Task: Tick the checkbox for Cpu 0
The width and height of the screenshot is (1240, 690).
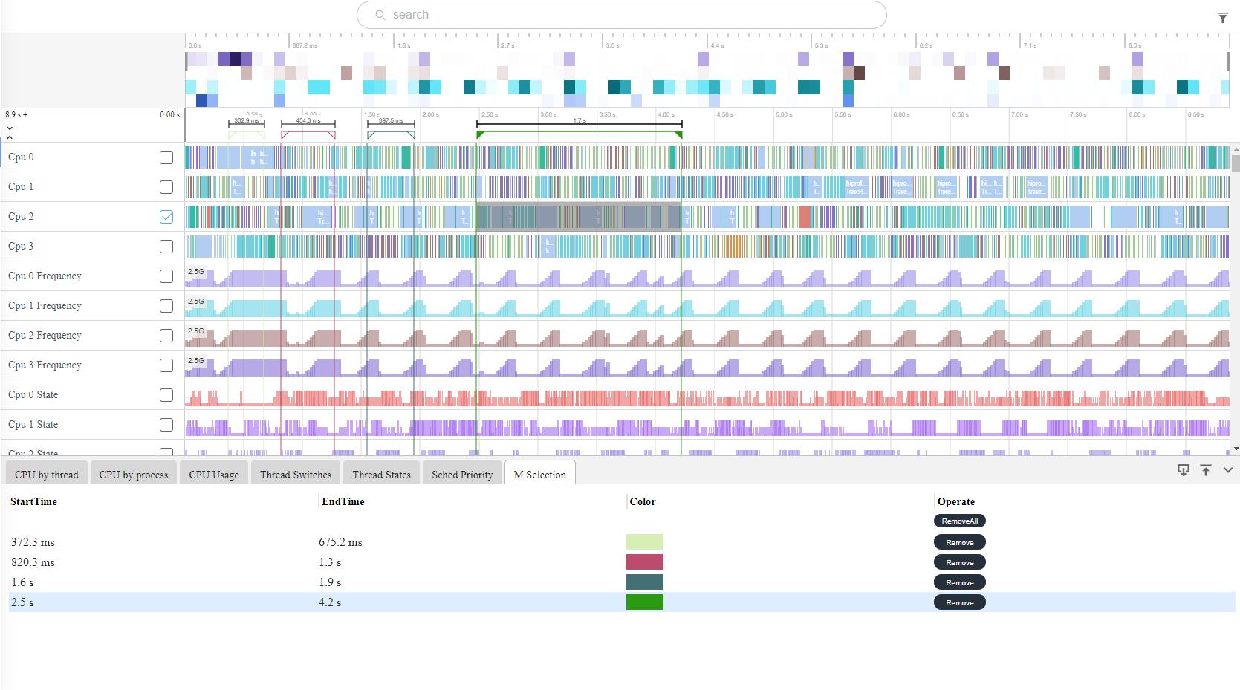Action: (166, 157)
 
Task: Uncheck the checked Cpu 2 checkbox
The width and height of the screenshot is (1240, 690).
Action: (166, 217)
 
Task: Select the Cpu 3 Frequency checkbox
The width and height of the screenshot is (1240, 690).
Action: (166, 365)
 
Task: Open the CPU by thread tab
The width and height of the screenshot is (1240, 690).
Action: (46, 475)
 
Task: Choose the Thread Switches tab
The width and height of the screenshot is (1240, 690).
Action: (296, 475)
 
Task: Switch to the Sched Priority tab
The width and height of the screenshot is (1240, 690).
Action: (462, 475)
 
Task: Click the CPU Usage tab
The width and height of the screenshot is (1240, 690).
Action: (214, 475)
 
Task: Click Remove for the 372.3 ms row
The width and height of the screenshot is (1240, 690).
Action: (959, 542)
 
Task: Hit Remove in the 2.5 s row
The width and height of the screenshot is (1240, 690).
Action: (959, 602)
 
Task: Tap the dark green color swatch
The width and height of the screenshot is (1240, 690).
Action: (645, 602)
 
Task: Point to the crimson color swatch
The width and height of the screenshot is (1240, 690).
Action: (645, 562)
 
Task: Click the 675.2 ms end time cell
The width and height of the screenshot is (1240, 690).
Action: (340, 542)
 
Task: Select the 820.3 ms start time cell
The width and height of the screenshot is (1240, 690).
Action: (33, 562)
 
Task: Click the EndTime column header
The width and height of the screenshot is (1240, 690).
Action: (343, 501)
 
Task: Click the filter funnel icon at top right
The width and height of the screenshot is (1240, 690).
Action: (1223, 18)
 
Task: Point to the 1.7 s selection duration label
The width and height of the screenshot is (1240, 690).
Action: (580, 120)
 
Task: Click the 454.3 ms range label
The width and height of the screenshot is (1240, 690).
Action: (308, 120)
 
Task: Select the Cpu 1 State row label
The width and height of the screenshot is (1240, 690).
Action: (33, 425)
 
